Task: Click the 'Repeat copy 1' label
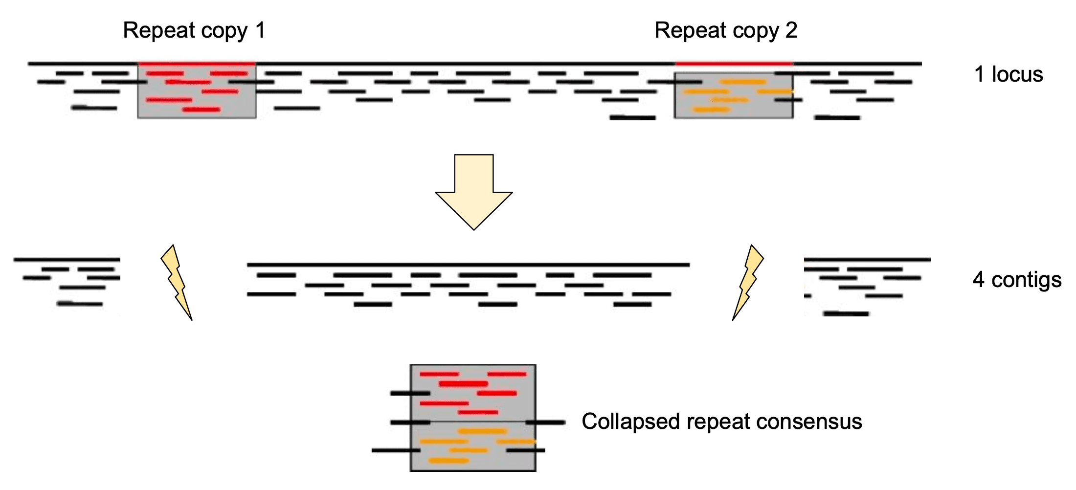click(x=194, y=30)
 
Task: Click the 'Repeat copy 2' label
click(x=726, y=30)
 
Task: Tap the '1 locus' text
click(x=1009, y=74)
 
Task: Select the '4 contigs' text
click(x=1017, y=280)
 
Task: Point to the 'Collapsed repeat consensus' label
click(x=721, y=422)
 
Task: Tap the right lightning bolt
click(x=748, y=282)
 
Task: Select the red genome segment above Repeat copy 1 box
click(x=197, y=64)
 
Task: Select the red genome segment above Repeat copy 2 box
click(x=734, y=64)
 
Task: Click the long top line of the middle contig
click(x=468, y=265)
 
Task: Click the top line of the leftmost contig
click(x=67, y=259)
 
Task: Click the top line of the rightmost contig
click(x=867, y=259)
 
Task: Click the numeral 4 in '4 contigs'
click(x=978, y=280)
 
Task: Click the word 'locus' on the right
click(x=1017, y=74)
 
